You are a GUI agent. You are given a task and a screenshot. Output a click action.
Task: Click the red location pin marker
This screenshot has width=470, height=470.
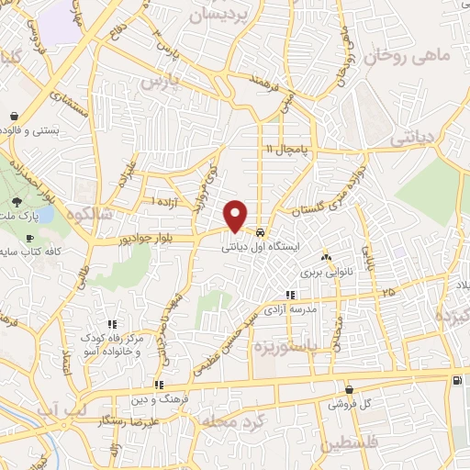point(237,215)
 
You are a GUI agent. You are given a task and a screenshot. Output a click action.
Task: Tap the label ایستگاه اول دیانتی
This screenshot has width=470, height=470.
point(262,247)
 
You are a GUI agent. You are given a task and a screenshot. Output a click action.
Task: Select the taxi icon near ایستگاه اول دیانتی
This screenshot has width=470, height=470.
point(262,232)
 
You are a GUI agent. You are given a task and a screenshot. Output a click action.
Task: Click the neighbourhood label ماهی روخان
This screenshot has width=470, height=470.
point(421,57)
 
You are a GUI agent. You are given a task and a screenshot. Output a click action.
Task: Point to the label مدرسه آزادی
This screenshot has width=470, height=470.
point(291,310)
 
